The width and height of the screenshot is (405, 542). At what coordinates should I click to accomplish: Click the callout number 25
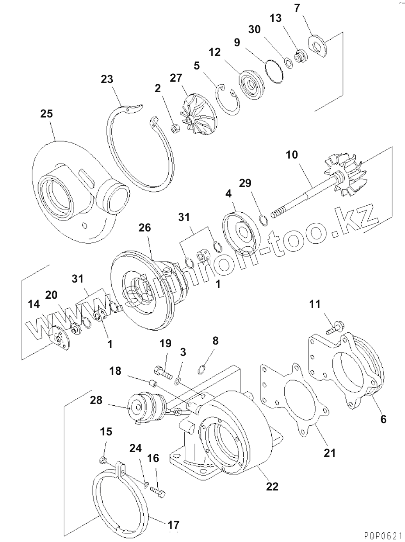46,114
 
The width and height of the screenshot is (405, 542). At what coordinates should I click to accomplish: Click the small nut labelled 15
104,460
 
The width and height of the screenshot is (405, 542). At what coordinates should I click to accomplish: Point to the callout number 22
272,486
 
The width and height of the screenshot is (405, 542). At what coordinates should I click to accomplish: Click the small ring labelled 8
201,369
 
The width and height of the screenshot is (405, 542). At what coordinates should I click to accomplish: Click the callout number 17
173,525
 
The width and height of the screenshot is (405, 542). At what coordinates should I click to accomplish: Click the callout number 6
383,419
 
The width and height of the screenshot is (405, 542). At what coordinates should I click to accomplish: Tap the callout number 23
107,79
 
